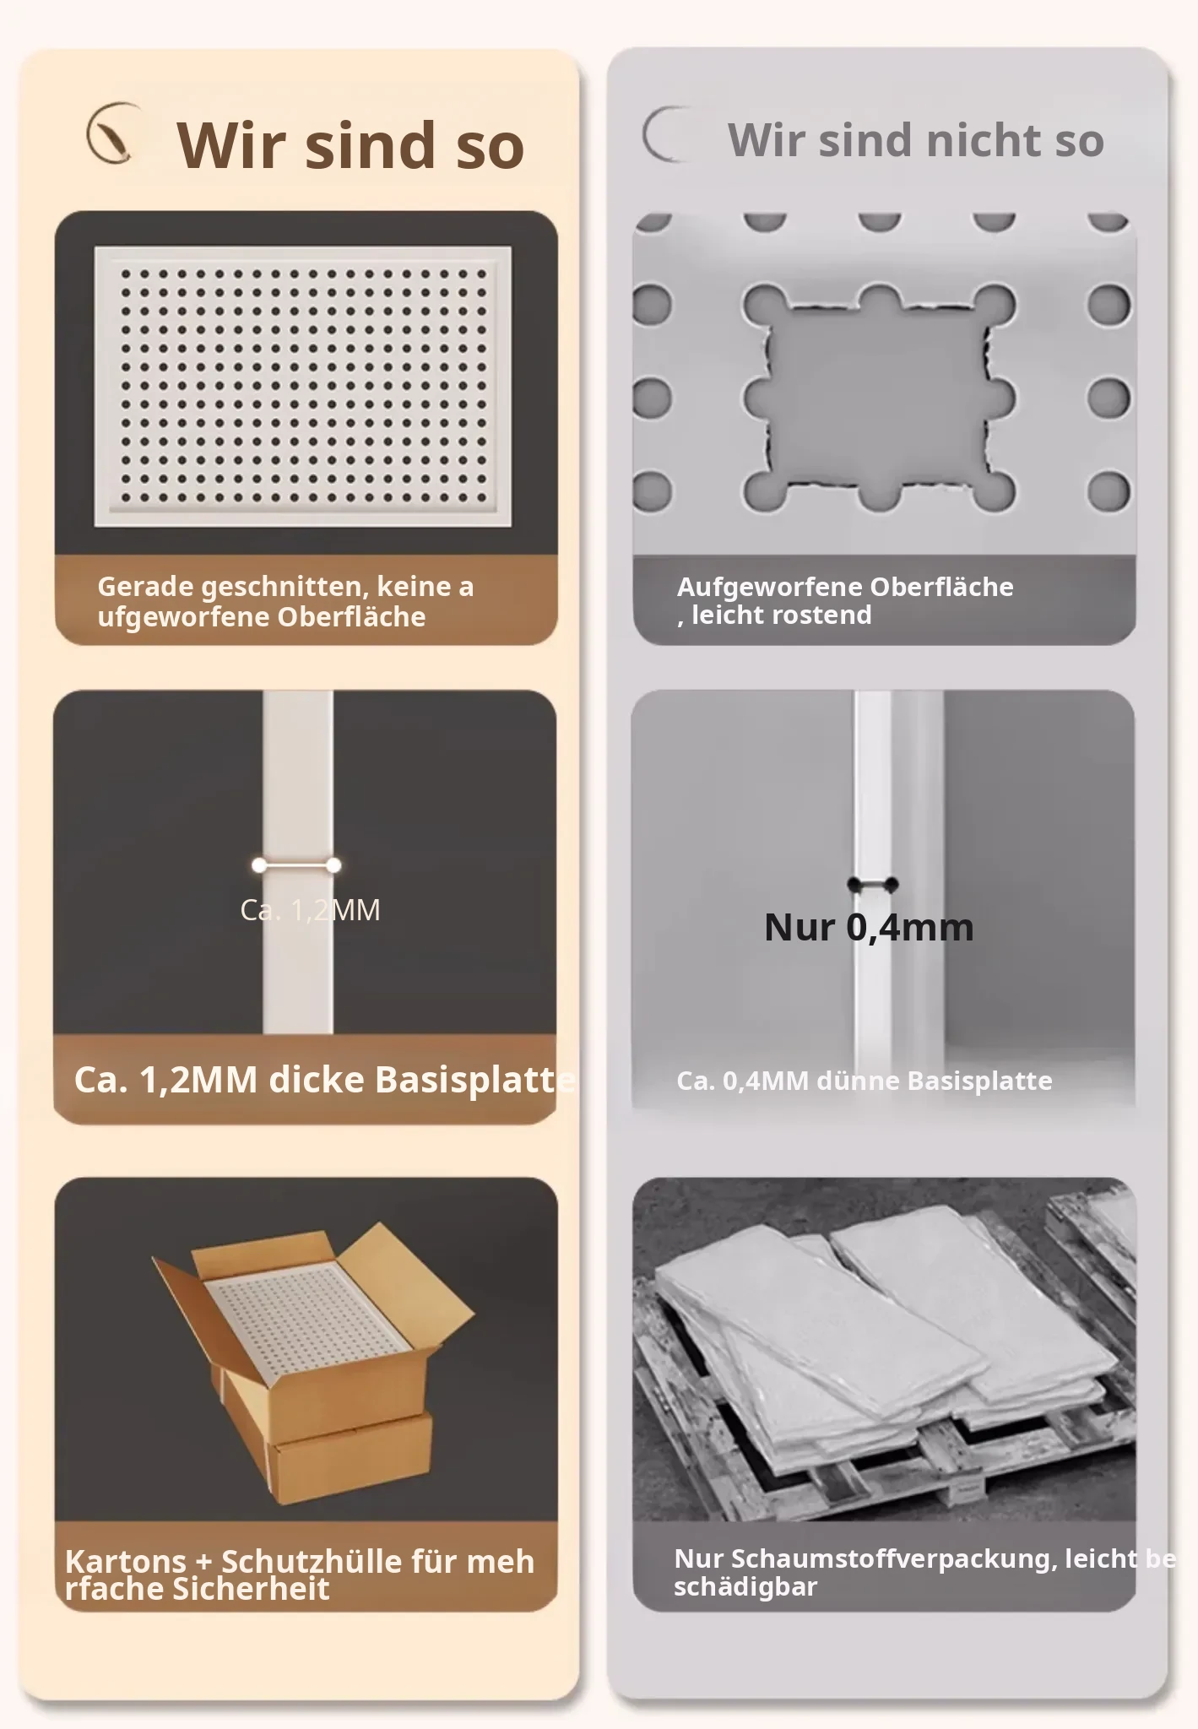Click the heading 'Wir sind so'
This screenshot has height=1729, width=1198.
tap(350, 145)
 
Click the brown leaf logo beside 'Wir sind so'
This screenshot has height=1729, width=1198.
tap(113, 133)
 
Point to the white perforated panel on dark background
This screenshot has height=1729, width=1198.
tap(302, 387)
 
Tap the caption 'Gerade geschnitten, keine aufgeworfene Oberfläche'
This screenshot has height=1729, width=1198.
tap(285, 601)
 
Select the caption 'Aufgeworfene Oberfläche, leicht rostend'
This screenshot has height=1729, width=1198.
tap(845, 600)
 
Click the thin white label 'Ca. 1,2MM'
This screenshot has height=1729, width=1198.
tap(310, 909)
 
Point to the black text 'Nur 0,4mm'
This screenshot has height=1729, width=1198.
tap(869, 927)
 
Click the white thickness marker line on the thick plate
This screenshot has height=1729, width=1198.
tap(296, 865)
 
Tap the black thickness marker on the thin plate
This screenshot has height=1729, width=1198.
tap(873, 885)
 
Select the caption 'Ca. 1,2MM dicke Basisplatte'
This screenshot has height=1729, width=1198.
tap(325, 1079)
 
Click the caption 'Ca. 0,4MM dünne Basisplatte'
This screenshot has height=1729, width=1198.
tap(865, 1081)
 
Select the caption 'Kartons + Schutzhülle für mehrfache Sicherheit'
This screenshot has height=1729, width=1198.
tap(300, 1575)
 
